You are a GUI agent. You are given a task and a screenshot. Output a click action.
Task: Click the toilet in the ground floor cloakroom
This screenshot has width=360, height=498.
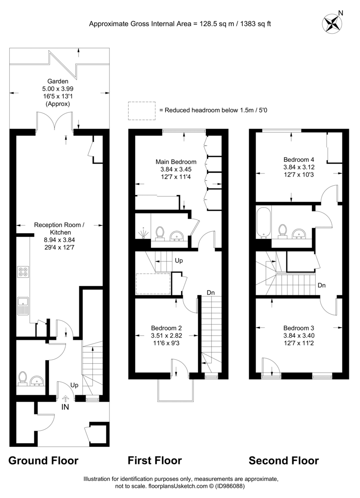(22, 378)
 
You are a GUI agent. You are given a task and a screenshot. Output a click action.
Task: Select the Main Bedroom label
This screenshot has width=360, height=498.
(176, 162)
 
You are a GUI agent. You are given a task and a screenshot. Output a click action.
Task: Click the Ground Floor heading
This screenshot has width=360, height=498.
(44, 460)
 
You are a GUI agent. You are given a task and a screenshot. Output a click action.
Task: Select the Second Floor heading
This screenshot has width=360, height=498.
(283, 460)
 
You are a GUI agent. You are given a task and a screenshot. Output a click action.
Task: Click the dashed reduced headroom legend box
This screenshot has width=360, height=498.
(142, 110)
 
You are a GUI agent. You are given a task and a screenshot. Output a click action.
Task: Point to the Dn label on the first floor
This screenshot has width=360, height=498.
(210, 293)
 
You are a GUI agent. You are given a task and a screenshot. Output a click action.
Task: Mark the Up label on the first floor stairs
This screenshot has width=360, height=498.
(179, 261)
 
